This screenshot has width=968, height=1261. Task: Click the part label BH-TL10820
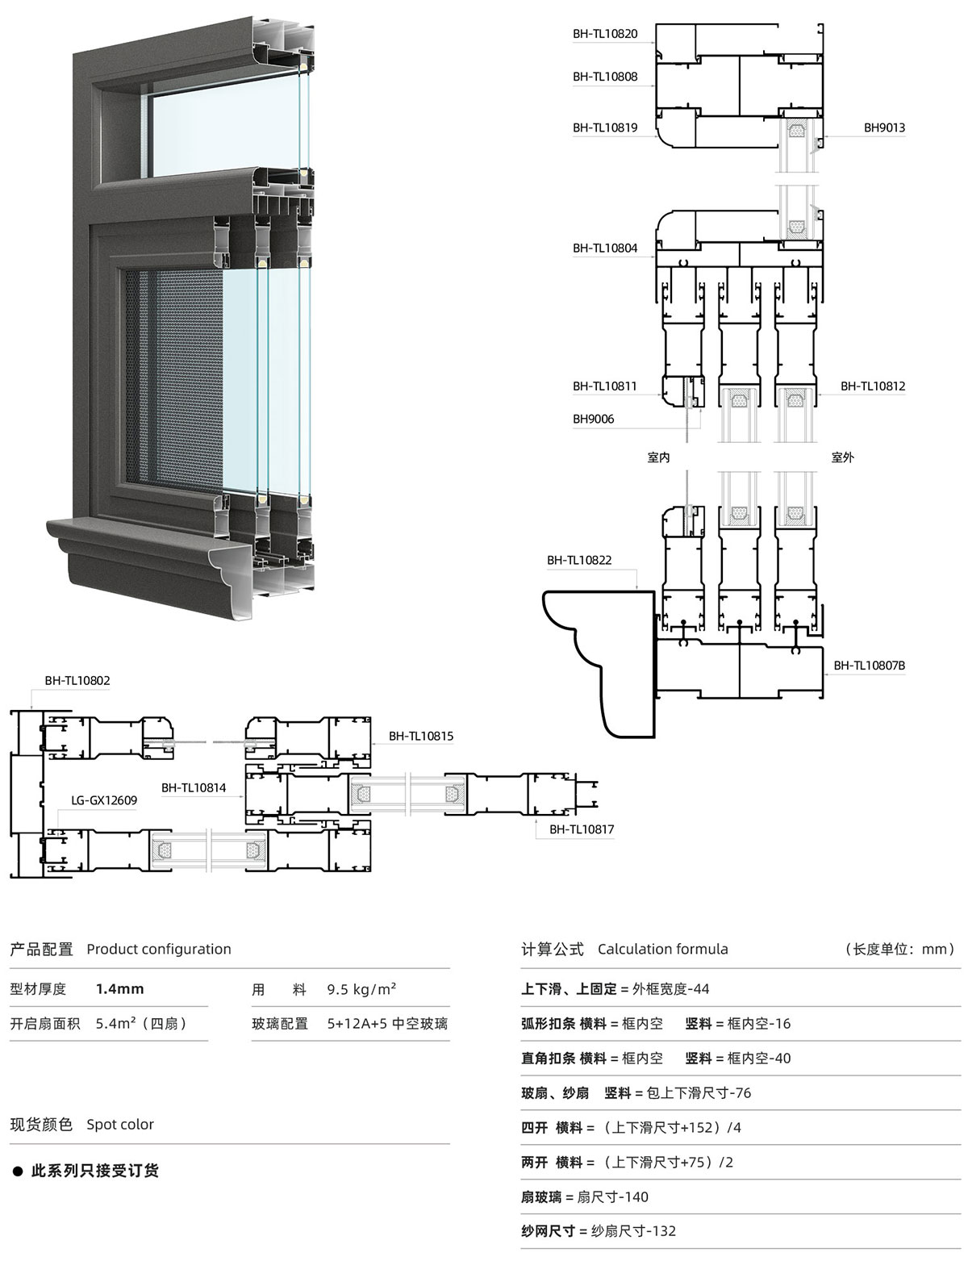tap(605, 34)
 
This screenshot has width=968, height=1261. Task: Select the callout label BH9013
tap(884, 127)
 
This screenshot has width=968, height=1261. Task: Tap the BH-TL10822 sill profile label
tap(579, 561)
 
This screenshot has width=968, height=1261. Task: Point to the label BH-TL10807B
tap(869, 666)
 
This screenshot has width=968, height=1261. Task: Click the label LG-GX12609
tap(104, 801)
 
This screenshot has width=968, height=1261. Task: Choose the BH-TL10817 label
tap(581, 830)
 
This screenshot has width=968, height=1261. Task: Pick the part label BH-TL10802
tap(77, 681)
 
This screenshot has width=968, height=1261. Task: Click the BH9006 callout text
tap(593, 419)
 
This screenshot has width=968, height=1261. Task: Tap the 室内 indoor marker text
tap(658, 458)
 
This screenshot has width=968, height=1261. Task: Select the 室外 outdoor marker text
tap(842, 458)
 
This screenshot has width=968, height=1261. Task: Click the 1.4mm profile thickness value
tap(119, 989)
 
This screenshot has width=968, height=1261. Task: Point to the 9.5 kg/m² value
tap(361, 989)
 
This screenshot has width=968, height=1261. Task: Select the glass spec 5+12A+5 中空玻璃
tap(387, 1024)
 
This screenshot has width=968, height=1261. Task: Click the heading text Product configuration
tap(158, 950)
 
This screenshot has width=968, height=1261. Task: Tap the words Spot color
tap(120, 1125)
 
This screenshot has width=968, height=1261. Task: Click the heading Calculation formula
tap(662, 950)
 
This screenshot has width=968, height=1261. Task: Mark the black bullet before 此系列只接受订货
tap(18, 1171)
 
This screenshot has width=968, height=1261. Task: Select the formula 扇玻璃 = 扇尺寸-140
tap(584, 1197)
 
